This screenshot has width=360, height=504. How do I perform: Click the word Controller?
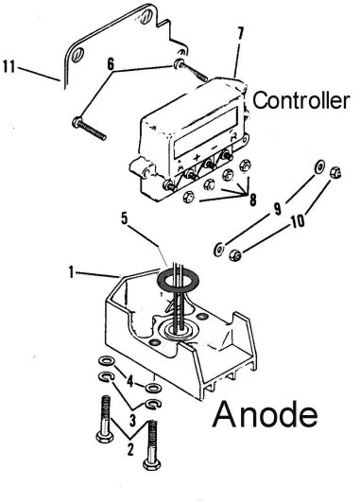(x=300, y=100)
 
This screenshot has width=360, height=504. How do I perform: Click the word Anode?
(x=265, y=414)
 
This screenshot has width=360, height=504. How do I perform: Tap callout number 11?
(x=9, y=66)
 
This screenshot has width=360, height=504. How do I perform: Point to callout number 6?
(x=111, y=64)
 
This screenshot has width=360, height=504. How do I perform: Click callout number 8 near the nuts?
(x=253, y=200)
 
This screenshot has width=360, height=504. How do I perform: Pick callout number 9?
(x=278, y=209)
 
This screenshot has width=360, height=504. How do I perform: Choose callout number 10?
(x=298, y=221)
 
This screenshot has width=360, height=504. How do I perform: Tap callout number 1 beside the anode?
(x=71, y=273)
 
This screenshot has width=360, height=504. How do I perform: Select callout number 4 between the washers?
(x=129, y=381)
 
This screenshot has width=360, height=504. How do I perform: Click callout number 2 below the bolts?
(x=130, y=449)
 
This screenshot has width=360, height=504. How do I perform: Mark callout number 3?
(x=132, y=421)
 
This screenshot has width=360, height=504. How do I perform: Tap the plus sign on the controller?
(x=197, y=157)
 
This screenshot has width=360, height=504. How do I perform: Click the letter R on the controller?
(x=233, y=137)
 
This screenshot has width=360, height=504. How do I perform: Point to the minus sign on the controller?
(x=214, y=148)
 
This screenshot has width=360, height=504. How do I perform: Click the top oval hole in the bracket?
(x=146, y=15)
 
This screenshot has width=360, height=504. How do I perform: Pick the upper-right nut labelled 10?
(x=335, y=172)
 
